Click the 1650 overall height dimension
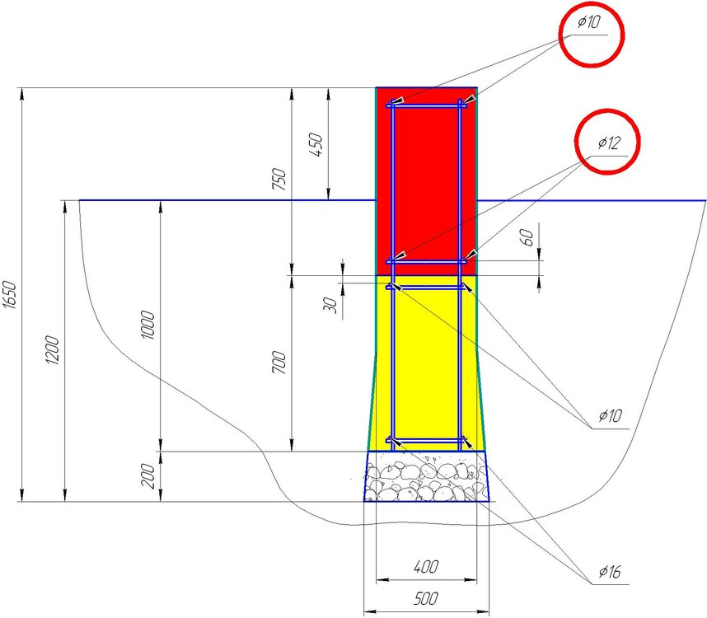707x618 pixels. point(11,295)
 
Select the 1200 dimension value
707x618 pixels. point(52,350)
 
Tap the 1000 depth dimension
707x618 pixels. point(147,325)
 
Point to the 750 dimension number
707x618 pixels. point(279,179)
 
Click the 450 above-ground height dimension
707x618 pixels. point(316,144)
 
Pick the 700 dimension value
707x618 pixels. point(279,362)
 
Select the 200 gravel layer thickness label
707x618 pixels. point(147,475)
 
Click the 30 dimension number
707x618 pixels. point(330,305)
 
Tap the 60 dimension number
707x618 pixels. point(527,237)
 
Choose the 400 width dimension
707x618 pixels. point(426,567)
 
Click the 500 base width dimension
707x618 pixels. point(426,598)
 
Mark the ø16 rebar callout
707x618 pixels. point(610,572)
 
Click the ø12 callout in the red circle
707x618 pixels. point(609,143)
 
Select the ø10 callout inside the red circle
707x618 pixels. point(589,21)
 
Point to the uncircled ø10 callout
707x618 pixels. point(610,415)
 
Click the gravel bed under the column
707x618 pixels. point(426,476)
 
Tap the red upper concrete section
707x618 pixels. point(426,180)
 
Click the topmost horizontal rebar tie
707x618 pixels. point(426,106)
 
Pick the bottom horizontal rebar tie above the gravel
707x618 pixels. point(426,439)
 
